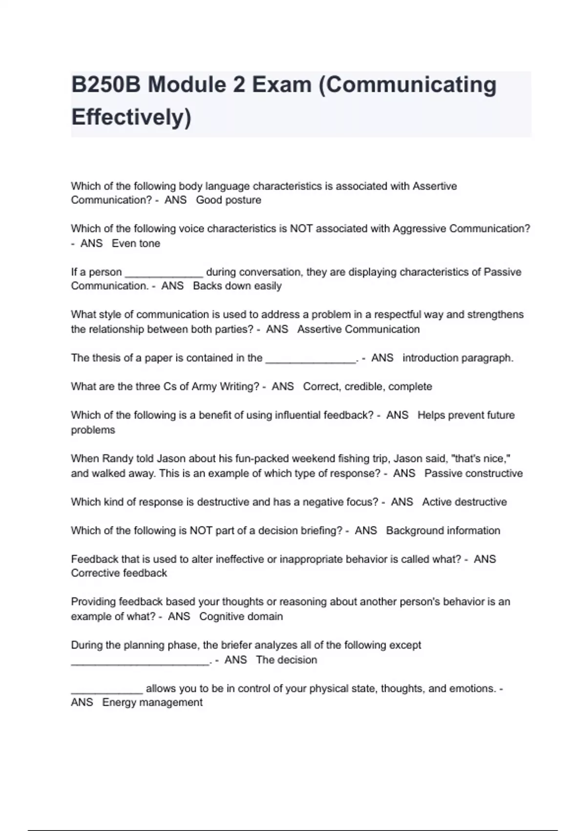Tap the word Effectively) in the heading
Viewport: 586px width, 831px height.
pos(131,117)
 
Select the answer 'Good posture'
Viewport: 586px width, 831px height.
pos(229,200)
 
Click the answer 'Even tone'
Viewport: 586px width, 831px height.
pos(136,243)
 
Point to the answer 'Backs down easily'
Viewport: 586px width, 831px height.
pos(237,286)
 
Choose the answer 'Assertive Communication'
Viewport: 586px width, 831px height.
pos(358,329)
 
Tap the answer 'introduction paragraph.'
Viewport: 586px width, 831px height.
pos(458,358)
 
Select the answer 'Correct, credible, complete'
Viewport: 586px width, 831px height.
pos(368,387)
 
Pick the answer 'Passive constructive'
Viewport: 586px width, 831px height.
pos(474,473)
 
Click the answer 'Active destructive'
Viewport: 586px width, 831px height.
pos(464,502)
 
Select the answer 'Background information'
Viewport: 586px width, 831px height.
pos(443,531)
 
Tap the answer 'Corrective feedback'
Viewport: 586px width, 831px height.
pos(119,573)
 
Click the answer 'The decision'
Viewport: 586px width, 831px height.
pos(287,660)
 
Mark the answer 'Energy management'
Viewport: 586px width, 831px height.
pos(152,702)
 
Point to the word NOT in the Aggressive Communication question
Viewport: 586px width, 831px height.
pos(302,229)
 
